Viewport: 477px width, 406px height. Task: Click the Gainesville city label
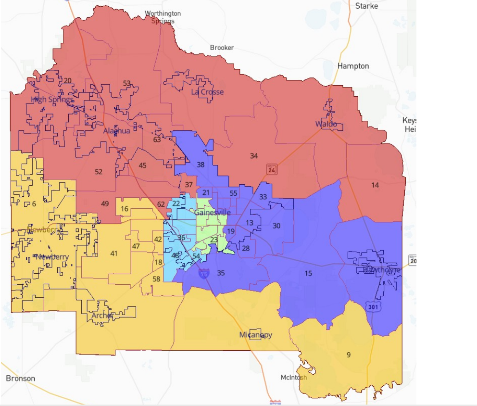tap(213, 213)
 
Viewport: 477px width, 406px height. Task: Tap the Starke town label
tap(366, 6)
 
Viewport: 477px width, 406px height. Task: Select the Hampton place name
tap(353, 66)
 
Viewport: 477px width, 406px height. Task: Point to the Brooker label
tap(222, 48)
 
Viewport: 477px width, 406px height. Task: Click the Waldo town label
tap(326, 125)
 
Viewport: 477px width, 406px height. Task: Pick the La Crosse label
tap(207, 92)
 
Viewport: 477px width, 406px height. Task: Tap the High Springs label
tap(52, 100)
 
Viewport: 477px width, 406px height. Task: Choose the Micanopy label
tap(256, 335)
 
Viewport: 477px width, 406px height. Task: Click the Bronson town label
tap(21, 378)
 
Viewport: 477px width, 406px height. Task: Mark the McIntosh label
tap(294, 378)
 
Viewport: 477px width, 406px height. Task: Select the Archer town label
tap(102, 316)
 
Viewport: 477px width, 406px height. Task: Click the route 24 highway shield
tap(272, 169)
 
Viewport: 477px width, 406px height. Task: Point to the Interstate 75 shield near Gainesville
tap(204, 274)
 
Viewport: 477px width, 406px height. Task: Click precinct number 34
tap(254, 155)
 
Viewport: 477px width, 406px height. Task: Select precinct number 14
tap(375, 185)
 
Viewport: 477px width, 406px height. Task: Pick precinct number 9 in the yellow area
tap(348, 355)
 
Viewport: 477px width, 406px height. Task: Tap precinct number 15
tap(308, 273)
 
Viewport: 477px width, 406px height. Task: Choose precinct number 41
tap(114, 254)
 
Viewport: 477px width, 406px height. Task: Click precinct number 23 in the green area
tap(214, 240)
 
